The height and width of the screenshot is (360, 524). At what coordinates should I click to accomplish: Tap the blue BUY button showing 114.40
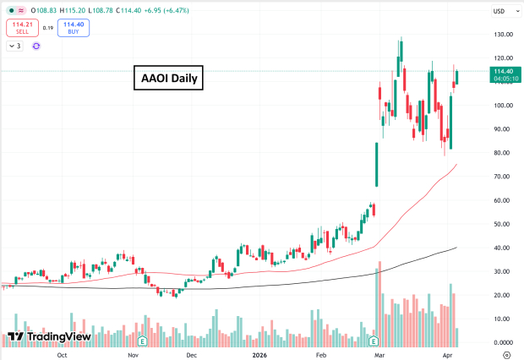(x=74, y=28)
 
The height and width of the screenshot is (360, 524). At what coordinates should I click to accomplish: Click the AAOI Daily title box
(x=168, y=79)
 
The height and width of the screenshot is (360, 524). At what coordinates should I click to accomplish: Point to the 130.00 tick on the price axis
(x=481, y=35)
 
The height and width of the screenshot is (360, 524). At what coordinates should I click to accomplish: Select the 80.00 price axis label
(x=480, y=153)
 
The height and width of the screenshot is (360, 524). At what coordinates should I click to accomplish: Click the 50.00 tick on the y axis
(x=480, y=224)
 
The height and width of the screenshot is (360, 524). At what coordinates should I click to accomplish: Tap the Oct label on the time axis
(x=62, y=356)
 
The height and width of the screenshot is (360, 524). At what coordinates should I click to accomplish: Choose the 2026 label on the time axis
(x=261, y=356)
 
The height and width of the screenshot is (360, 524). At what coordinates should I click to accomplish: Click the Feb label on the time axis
(x=322, y=356)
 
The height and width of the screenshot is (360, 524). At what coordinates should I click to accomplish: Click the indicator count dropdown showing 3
(x=15, y=46)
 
